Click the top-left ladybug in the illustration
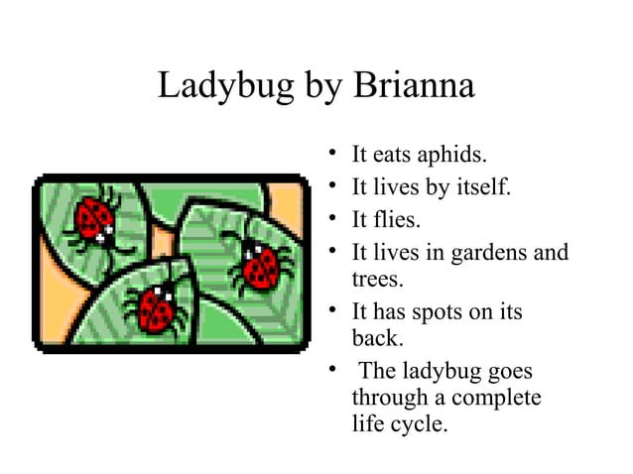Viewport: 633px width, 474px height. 96,218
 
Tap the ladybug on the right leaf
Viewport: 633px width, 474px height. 260,265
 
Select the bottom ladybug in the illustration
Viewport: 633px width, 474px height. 154,308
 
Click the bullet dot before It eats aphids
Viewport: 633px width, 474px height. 332,154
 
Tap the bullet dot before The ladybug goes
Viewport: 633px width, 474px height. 332,371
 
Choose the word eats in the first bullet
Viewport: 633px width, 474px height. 394,155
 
